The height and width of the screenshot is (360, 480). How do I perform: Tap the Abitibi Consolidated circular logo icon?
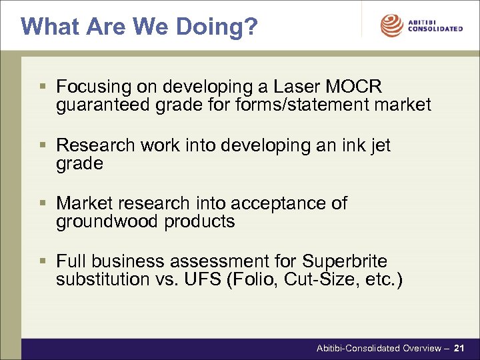[391, 25]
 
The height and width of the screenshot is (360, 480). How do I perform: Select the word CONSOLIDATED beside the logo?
[435, 29]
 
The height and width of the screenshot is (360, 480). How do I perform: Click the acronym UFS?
[205, 279]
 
